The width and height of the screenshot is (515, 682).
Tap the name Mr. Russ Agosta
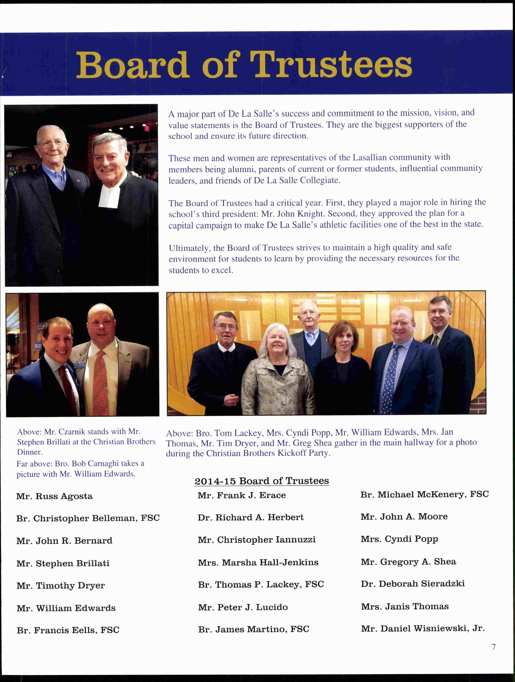click(x=54, y=496)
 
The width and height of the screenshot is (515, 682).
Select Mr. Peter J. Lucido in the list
click(x=243, y=607)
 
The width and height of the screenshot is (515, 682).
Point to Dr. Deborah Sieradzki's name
click(x=412, y=583)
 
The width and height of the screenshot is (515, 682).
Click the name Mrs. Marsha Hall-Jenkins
click(x=258, y=562)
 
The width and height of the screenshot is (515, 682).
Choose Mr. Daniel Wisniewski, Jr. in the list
click(x=423, y=628)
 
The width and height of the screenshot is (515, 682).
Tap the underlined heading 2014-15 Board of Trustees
click(x=261, y=481)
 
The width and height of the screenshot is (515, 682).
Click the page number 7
click(x=494, y=647)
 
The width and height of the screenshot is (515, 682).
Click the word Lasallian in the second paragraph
click(x=369, y=158)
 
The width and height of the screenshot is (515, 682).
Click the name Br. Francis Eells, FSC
click(x=68, y=630)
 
